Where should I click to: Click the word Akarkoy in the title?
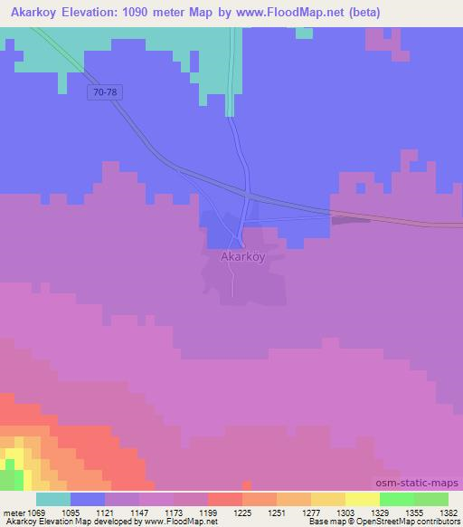tap(39, 13)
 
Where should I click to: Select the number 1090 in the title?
tap(158, 13)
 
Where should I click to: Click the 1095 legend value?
tap(83, 513)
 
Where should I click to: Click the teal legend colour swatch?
tap(53, 499)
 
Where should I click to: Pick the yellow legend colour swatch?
tap(362, 499)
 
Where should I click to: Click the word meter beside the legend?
tap(14, 513)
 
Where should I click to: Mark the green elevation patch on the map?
tap(11, 477)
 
